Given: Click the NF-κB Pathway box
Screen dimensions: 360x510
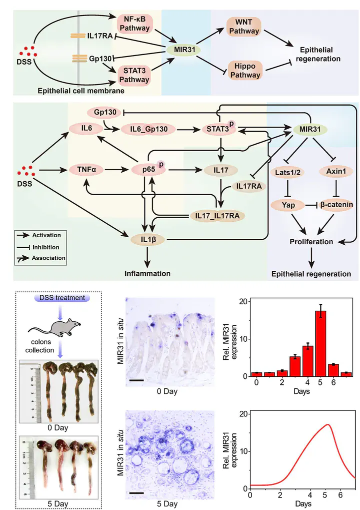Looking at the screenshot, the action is [134, 24].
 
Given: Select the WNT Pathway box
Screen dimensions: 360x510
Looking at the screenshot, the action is [243, 27].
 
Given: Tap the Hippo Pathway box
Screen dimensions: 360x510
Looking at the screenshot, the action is [245, 70].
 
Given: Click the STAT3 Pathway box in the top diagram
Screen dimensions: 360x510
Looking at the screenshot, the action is [134, 75].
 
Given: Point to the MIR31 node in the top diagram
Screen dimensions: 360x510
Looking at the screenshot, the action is [184, 50].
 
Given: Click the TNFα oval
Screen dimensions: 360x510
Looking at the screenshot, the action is [86, 170].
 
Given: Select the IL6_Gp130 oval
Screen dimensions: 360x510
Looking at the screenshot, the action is [149, 129].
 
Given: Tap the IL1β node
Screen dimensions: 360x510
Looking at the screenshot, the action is [148, 240].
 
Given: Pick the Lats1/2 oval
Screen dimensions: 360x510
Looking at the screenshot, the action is [287, 172].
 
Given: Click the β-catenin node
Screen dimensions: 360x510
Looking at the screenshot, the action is [336, 205].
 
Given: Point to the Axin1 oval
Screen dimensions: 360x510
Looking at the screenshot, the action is [336, 171].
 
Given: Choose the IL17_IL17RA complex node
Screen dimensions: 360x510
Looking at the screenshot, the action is [217, 216].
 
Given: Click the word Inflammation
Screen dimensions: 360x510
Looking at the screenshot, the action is [147, 274].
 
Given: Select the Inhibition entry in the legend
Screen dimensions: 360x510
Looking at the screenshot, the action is [46, 247].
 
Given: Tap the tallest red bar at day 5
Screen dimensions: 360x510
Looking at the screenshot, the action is [320, 343].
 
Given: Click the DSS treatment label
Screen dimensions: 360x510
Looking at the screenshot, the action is [62, 298].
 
